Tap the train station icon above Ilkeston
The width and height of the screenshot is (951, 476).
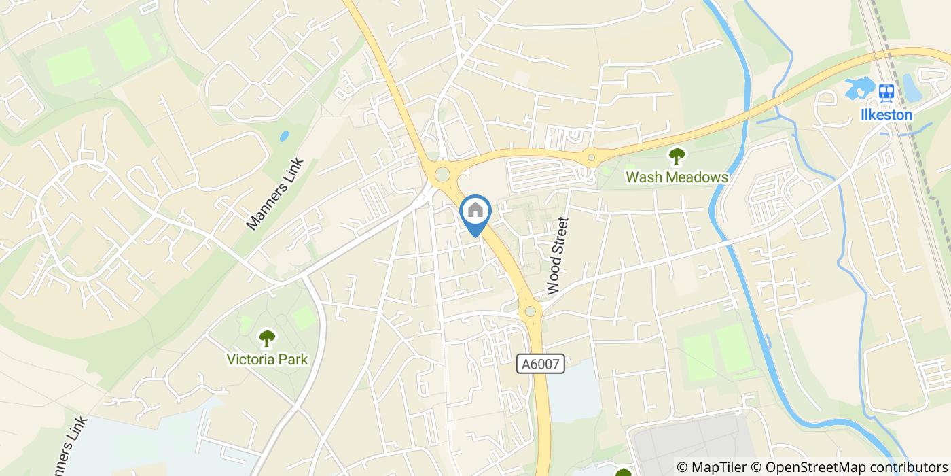coord(885,92)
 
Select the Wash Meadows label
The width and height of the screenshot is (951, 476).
coord(677,177)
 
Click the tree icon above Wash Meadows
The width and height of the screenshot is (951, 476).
coord(677,156)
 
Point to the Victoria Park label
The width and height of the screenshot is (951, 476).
coord(268,359)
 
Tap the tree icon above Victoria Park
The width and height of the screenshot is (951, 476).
coord(268,338)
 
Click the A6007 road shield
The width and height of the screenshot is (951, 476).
coord(541,364)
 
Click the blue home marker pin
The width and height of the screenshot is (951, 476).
coord(475,212)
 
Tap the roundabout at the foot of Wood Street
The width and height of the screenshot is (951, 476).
coord(530,311)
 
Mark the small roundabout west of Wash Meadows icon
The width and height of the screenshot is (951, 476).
coord(592,158)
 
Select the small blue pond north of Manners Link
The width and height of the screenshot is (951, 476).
coord(284,136)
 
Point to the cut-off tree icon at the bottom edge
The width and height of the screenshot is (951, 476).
coord(623,473)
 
